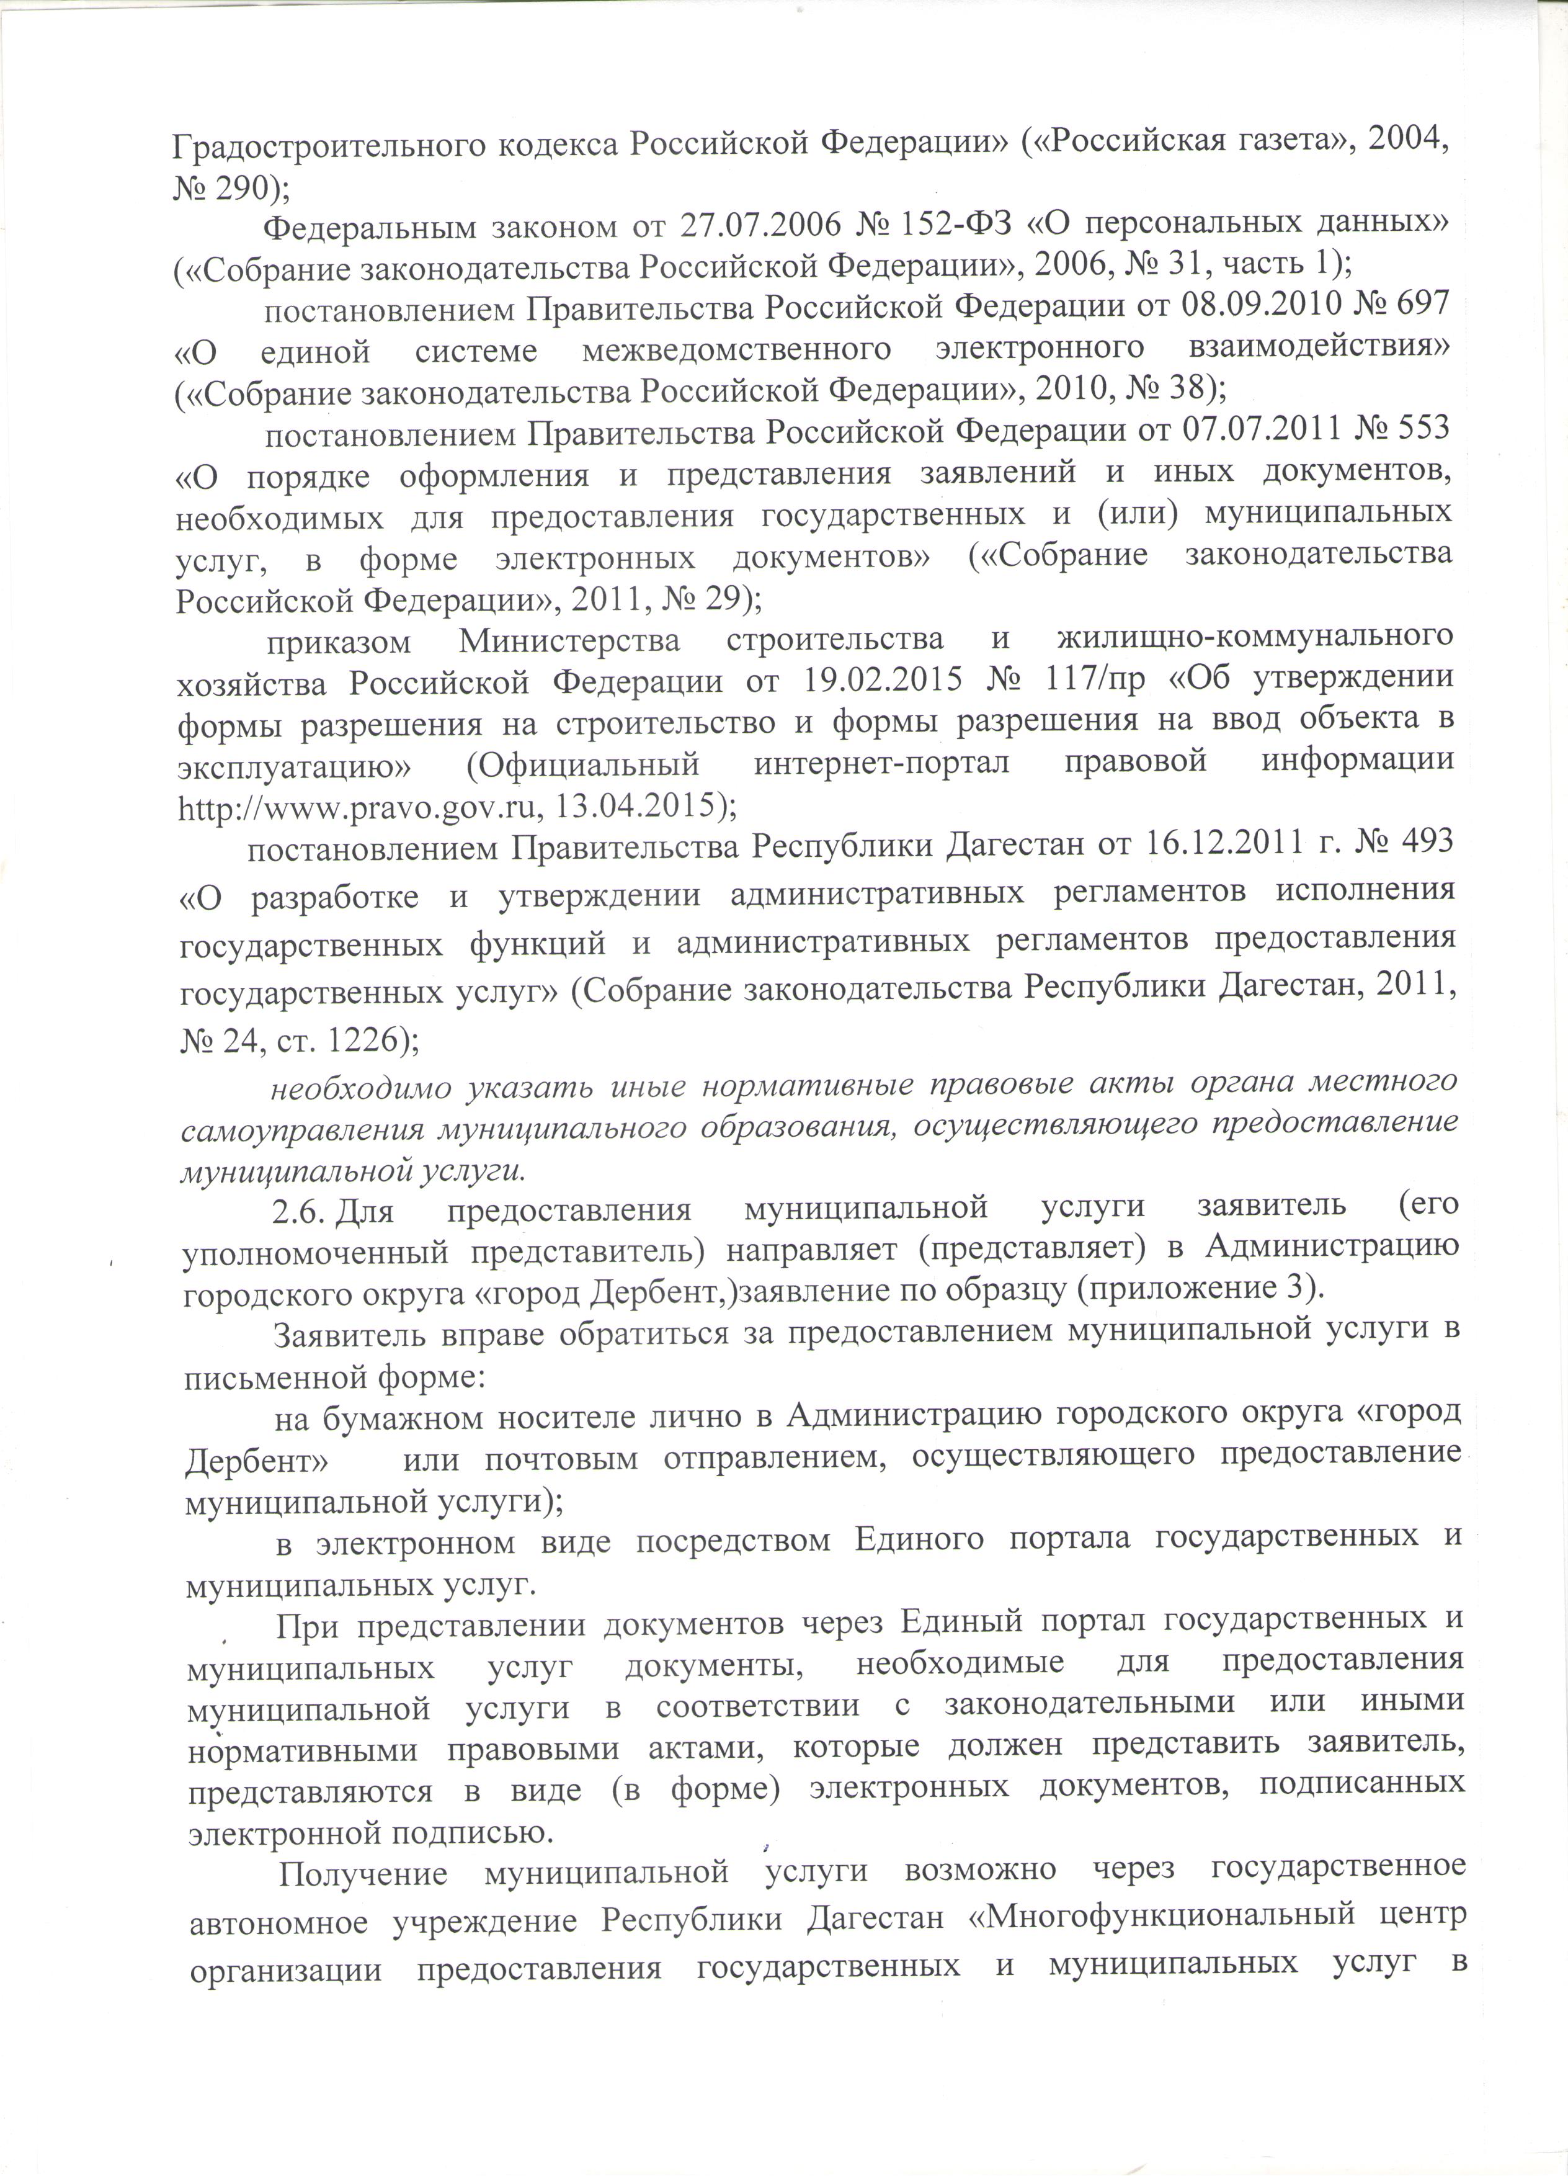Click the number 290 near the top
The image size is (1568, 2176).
coord(244,187)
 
